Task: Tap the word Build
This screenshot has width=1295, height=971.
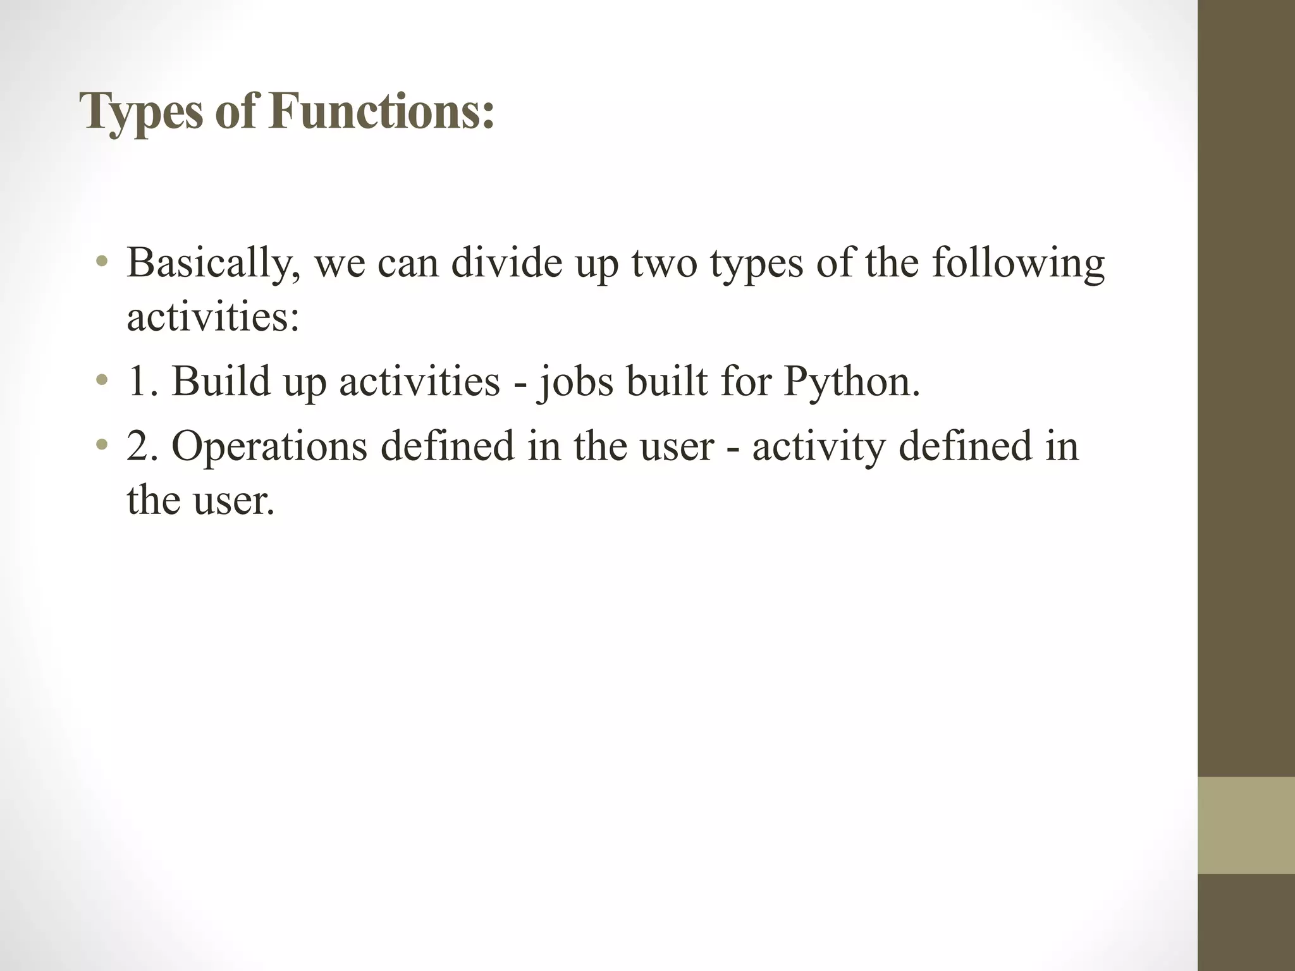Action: pos(221,381)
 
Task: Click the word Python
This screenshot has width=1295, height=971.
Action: pos(852,382)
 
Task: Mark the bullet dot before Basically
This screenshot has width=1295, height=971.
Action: pos(102,262)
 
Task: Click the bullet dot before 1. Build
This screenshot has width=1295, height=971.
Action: pos(102,381)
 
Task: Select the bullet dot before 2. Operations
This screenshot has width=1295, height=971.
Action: pos(102,446)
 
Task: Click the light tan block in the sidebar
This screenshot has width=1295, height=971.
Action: pos(1246,825)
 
